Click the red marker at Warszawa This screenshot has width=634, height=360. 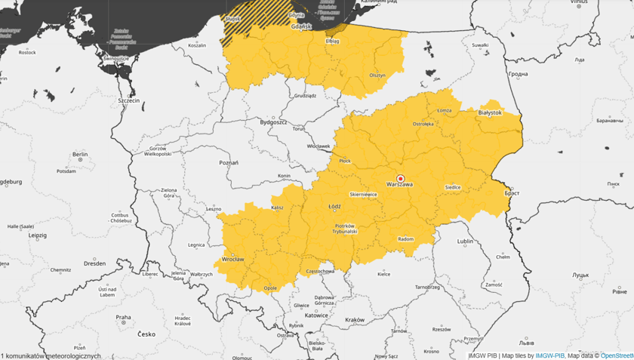click(400, 178)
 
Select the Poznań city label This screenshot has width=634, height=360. click(228, 162)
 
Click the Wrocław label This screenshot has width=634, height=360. click(233, 259)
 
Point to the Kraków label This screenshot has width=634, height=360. click(354, 320)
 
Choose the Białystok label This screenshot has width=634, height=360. click(490, 112)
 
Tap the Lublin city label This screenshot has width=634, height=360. click(465, 242)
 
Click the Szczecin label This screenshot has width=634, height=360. click(128, 100)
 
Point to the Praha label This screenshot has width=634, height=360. click(123, 317)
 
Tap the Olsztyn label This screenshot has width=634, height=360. click(377, 75)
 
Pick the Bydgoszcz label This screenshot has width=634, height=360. click(272, 122)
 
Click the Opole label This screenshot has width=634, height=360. click(270, 288)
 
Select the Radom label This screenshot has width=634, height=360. click(405, 239)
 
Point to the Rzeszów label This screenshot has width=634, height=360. click(442, 328)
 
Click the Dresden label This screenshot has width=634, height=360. click(95, 263)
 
